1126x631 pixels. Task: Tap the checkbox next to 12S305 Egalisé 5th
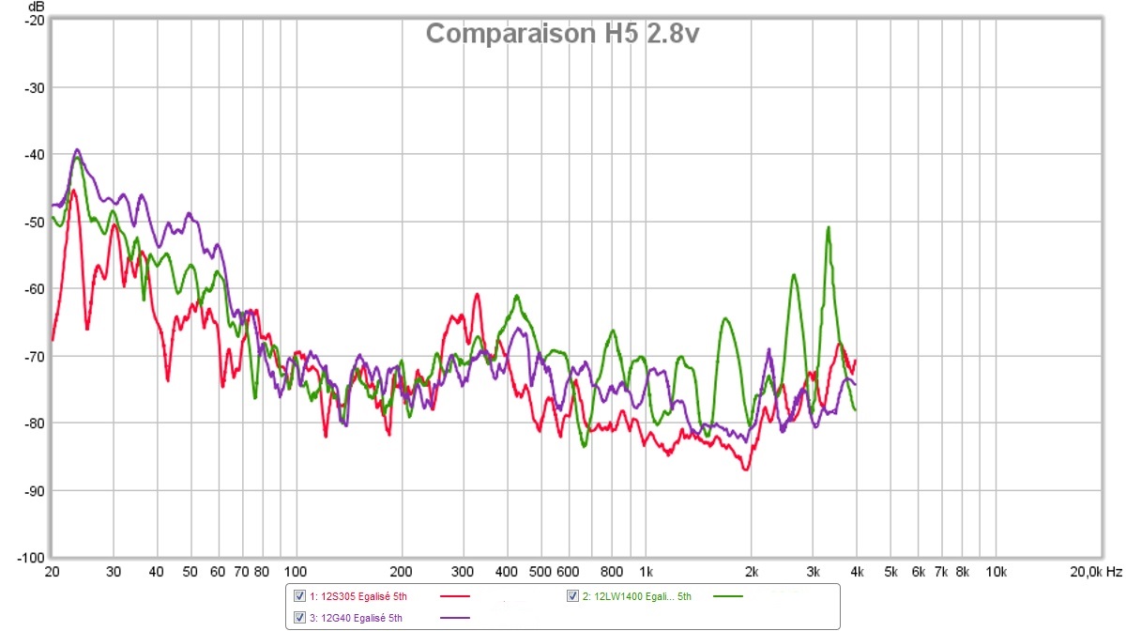click(x=300, y=596)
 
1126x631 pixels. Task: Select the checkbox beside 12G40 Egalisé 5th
click(x=300, y=617)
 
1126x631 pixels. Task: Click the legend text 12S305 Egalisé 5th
click(x=363, y=596)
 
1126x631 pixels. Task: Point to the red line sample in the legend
click(x=454, y=596)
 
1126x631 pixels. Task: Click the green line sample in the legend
click(x=728, y=596)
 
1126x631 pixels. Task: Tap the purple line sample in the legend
click(x=454, y=617)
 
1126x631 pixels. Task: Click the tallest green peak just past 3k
click(x=829, y=227)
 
